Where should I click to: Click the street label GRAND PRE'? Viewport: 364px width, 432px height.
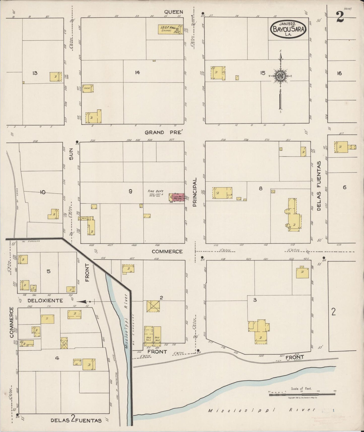(x=163, y=132)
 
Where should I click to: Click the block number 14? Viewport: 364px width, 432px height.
(x=137, y=73)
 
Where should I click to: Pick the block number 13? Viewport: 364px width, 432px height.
(x=35, y=73)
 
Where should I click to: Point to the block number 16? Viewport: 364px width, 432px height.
(x=339, y=73)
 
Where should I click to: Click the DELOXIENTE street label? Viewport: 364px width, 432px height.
(x=45, y=301)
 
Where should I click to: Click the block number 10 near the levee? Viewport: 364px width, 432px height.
(x=43, y=192)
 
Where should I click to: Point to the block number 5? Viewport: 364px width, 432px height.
(x=49, y=271)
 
